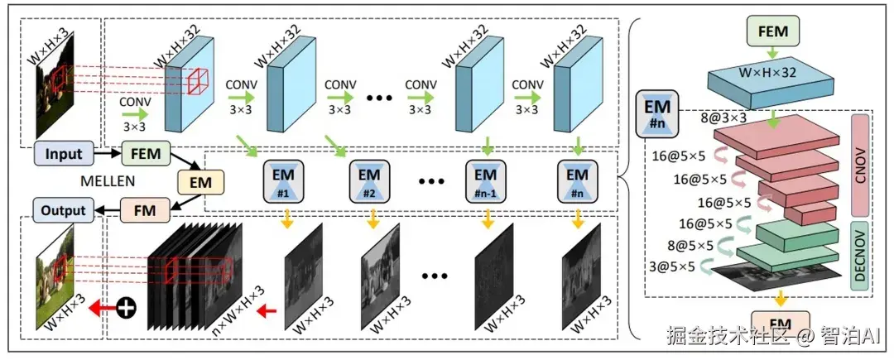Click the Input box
coord(64,154)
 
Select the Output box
coord(64,209)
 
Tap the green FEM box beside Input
coord(146,154)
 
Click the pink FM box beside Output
coord(146,209)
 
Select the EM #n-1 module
coord(485,180)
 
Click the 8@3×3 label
coord(726,118)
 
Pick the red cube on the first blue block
coord(199,83)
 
